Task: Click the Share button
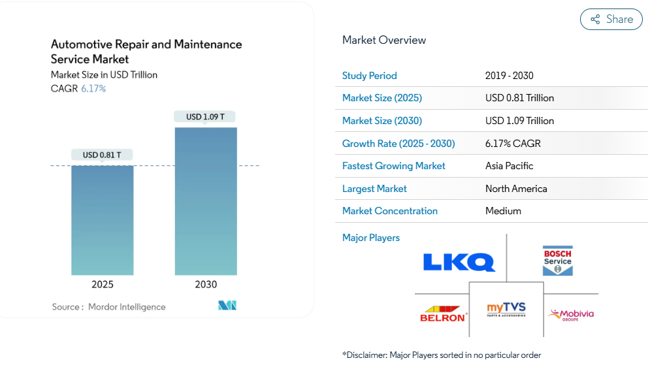click(x=611, y=19)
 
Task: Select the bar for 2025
click(x=103, y=220)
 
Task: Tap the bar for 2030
click(x=206, y=201)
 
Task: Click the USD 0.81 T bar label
click(x=103, y=155)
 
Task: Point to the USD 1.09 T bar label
click(x=205, y=117)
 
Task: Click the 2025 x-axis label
click(x=103, y=285)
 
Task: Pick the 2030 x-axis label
click(x=206, y=285)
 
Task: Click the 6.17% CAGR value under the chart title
click(x=93, y=88)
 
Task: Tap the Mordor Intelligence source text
click(x=127, y=307)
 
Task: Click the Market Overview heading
click(x=384, y=40)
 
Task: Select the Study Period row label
click(x=370, y=76)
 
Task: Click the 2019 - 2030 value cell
click(x=510, y=76)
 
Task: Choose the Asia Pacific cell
click(x=510, y=166)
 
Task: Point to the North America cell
click(x=516, y=189)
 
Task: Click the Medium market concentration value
click(x=503, y=211)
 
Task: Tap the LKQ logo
click(x=459, y=262)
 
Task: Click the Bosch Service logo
click(x=557, y=260)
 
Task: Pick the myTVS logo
click(x=506, y=309)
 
